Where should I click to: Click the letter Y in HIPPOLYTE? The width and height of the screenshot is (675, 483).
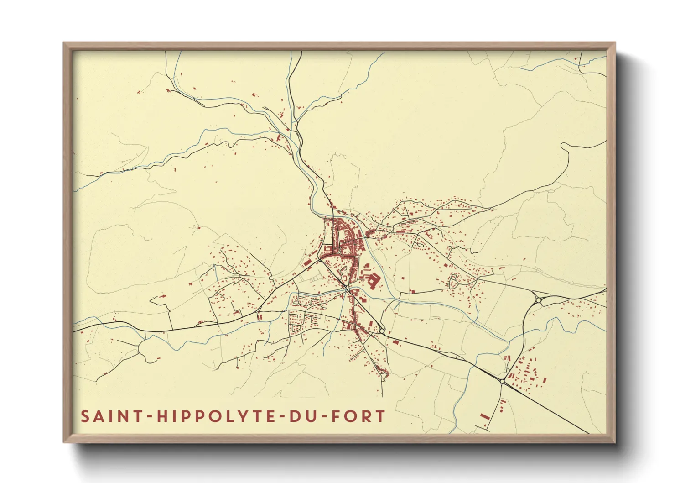coord(242,416)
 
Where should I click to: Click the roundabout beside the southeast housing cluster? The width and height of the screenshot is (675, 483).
coord(502,381)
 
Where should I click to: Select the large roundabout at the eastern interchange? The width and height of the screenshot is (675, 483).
coord(539,300)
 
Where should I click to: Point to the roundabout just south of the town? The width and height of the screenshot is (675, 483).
coord(382,331)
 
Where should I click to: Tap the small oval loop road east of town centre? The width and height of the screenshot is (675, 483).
coord(420,244)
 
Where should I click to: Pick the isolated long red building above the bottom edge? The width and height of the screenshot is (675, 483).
coord(484,416)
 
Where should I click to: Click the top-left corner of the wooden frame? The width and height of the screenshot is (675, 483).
coord(64,43)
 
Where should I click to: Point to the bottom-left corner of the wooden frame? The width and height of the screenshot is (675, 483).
coord(64,442)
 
